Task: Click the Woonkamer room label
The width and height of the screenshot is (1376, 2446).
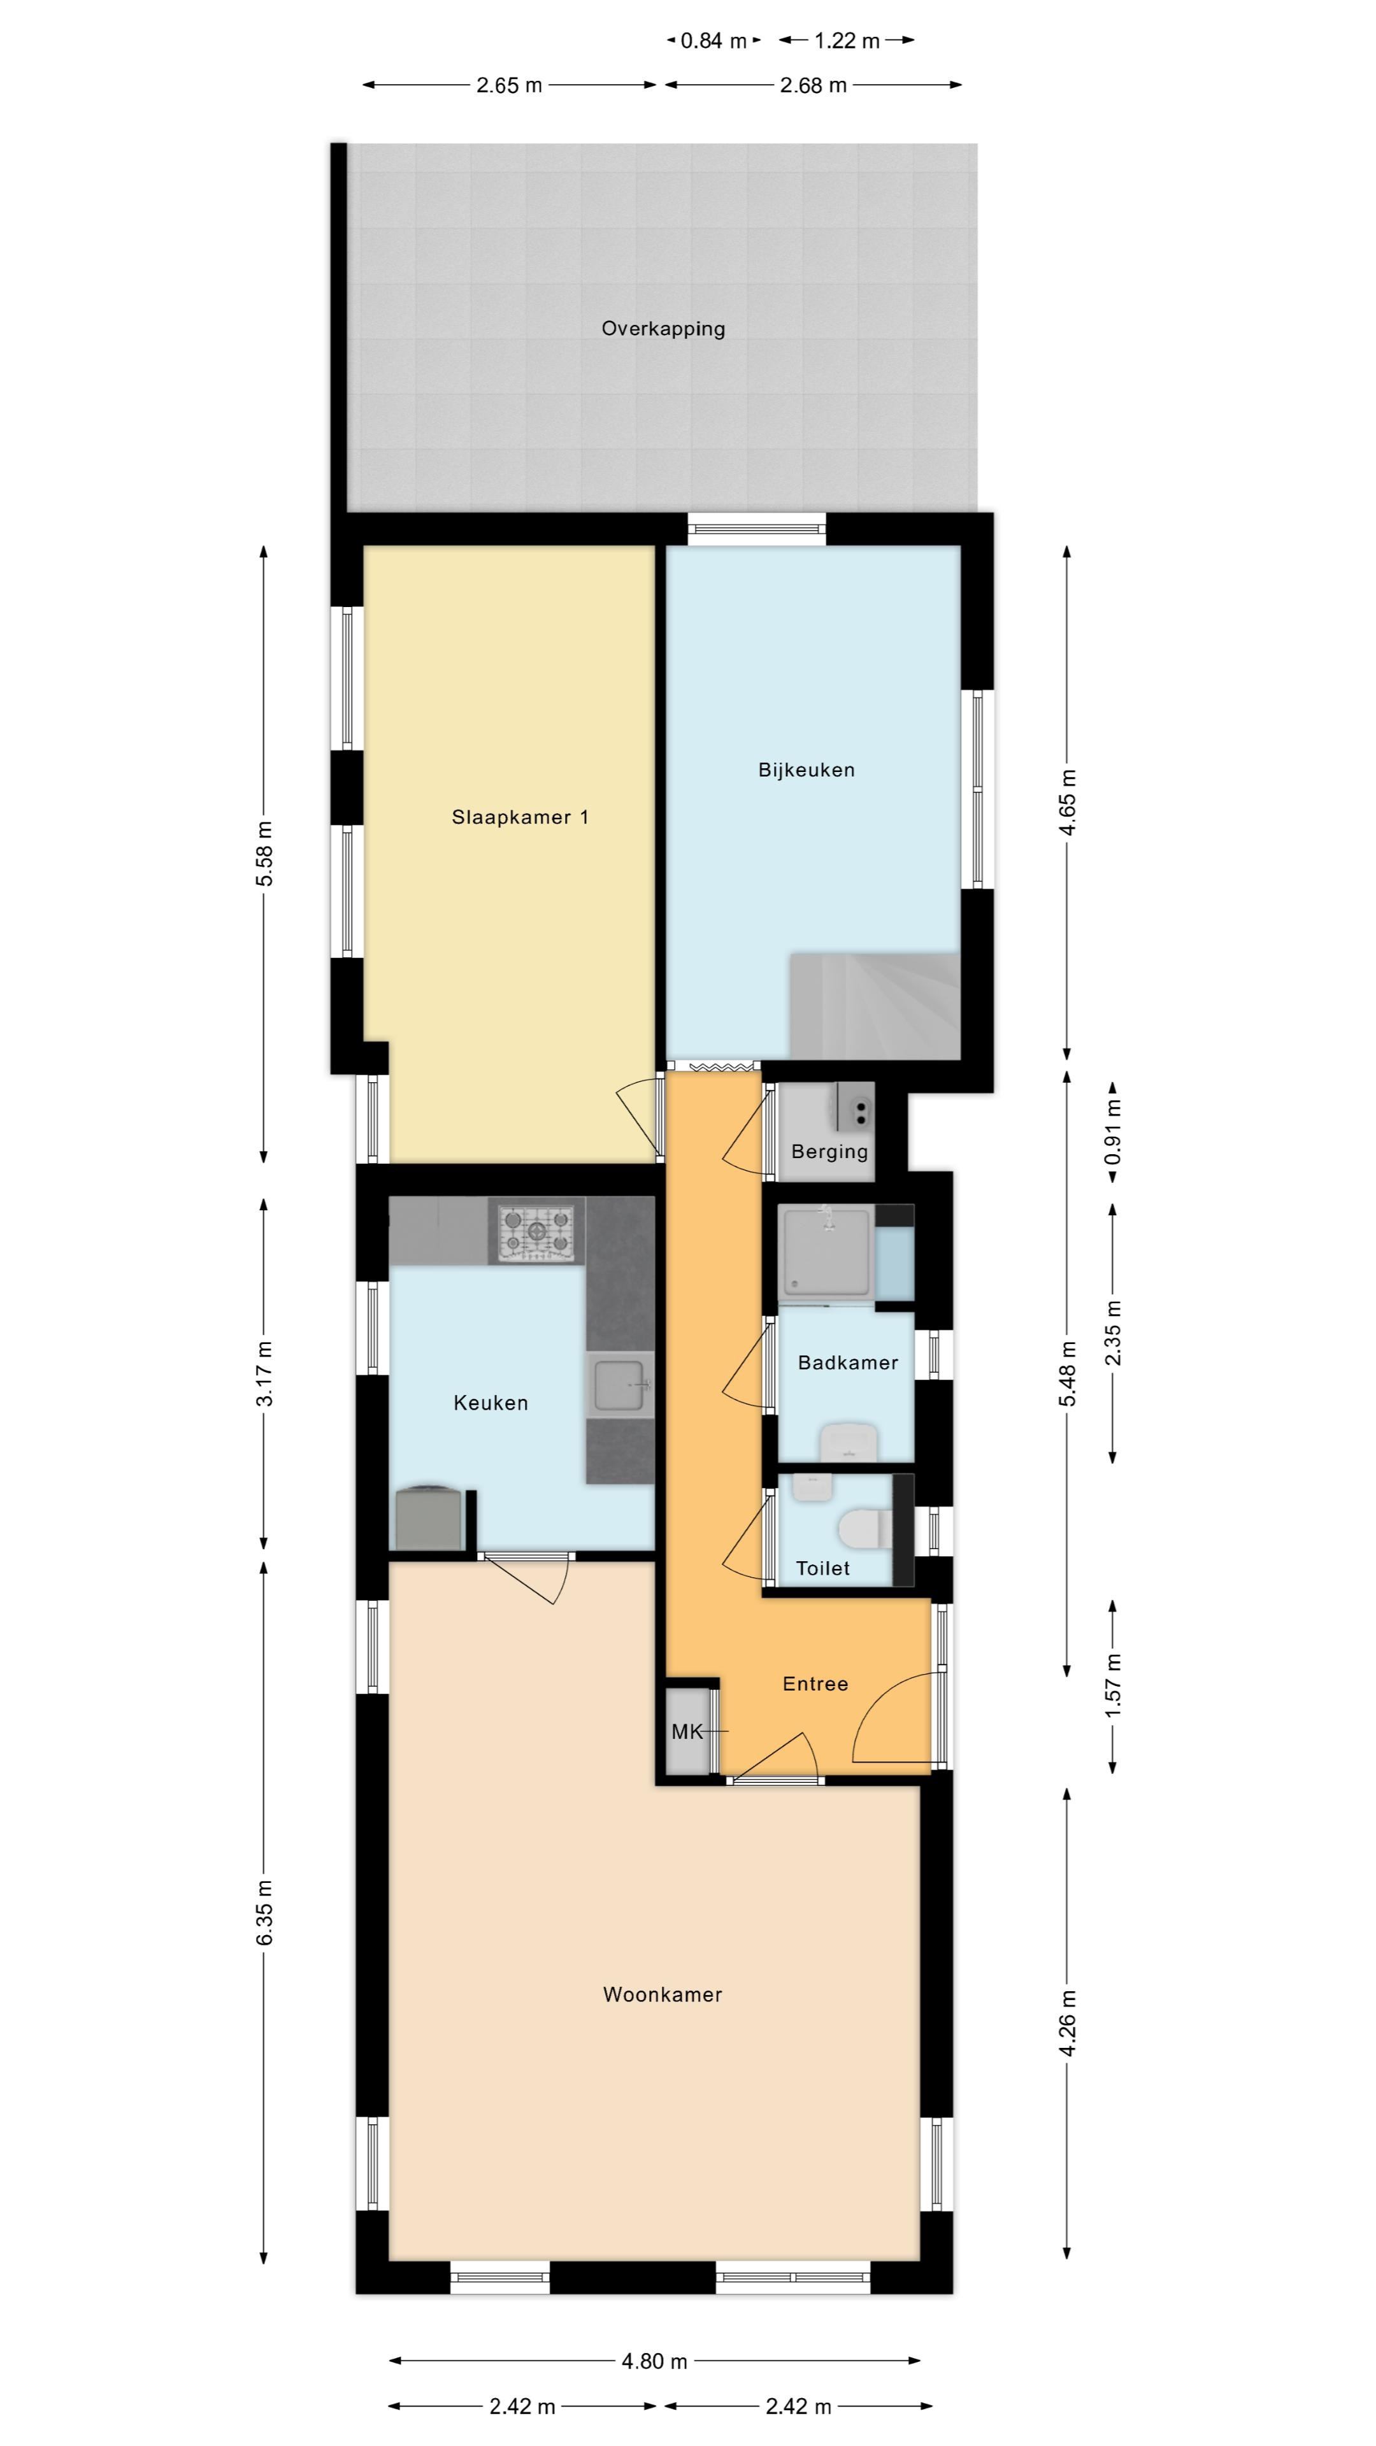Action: [662, 1995]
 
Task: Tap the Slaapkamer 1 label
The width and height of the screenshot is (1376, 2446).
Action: [519, 817]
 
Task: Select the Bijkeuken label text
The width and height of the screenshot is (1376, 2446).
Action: [806, 770]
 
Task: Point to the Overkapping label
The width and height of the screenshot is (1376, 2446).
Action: [663, 329]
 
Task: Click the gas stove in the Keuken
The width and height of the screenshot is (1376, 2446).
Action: [536, 1231]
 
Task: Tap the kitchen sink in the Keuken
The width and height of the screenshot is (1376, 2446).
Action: [620, 1384]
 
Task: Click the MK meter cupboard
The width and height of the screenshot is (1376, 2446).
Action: [687, 1731]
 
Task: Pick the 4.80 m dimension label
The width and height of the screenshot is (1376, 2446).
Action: [654, 2361]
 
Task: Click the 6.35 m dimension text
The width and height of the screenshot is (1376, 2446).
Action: [264, 1912]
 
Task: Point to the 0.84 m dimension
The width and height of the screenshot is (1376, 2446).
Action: [714, 41]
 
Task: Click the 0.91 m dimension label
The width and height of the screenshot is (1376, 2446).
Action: [1113, 1132]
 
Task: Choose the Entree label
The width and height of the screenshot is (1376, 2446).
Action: [815, 1684]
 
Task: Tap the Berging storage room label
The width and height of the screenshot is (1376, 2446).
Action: [829, 1152]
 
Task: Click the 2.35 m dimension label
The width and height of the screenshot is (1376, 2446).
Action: [1113, 1333]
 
